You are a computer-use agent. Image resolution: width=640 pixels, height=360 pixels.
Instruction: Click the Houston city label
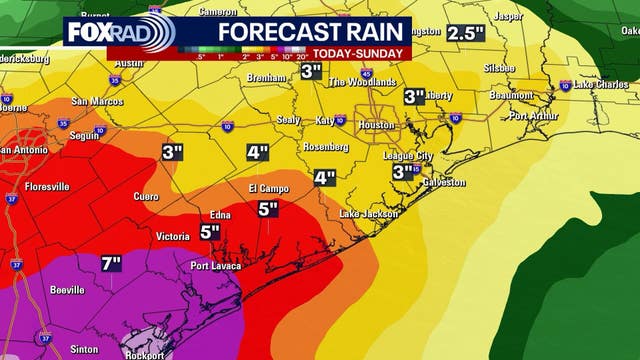377,125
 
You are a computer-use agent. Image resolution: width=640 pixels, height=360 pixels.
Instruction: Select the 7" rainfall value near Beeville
111,264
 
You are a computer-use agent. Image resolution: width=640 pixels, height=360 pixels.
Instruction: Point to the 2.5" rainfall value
465,32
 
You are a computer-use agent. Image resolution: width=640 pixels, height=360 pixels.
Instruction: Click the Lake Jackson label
369,214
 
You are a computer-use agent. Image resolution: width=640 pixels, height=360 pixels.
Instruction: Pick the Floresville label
46,186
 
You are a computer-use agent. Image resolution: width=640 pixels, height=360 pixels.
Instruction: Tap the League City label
408,156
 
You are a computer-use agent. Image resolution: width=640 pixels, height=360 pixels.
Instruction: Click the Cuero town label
146,196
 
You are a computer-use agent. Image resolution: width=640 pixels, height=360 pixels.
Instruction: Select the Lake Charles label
600,85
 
